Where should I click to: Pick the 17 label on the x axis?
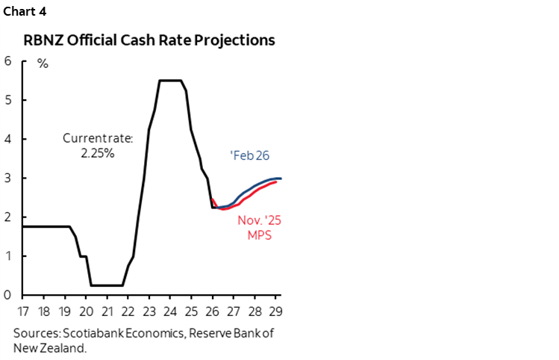[x=22, y=310]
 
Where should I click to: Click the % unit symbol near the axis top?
[x=43, y=63]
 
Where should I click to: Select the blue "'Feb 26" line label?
[x=249, y=155]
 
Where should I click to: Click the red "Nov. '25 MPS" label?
[x=254, y=228]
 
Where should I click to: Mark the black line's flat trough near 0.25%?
[x=107, y=285]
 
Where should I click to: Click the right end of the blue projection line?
[x=281, y=178]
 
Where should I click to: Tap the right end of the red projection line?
[x=276, y=181]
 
